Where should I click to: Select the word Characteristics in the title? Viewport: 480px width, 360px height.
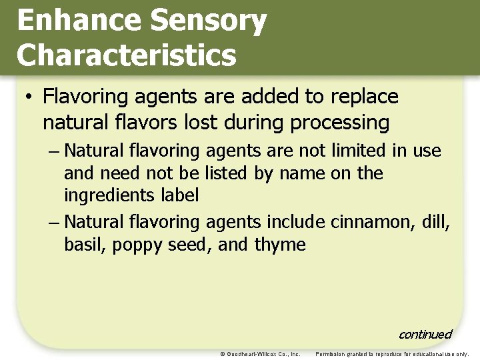(127, 55)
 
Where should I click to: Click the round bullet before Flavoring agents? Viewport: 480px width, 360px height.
(28, 97)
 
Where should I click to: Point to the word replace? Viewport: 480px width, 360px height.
(363, 97)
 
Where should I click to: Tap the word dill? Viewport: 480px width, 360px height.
(437, 221)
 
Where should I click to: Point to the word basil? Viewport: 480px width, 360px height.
(85, 245)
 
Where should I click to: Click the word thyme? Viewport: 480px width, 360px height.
(280, 245)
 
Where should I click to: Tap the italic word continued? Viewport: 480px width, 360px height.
(425, 334)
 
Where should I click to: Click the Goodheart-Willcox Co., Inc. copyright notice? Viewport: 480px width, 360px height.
(259, 354)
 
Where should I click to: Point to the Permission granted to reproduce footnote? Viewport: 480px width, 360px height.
(392, 354)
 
